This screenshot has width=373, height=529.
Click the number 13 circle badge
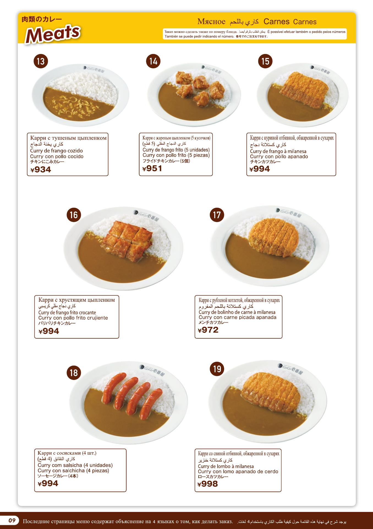(x=40, y=61)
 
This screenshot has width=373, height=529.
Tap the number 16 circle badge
(x=74, y=215)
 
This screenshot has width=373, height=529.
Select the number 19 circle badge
(x=217, y=369)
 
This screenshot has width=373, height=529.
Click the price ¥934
(x=41, y=170)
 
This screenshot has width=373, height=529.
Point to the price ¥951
(x=152, y=169)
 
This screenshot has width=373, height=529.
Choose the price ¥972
(x=208, y=330)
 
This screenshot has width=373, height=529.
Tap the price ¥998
(x=208, y=484)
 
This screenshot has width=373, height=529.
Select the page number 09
(x=12, y=520)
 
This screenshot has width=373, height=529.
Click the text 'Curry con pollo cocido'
(x=57, y=156)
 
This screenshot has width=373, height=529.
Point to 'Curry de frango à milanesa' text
(x=278, y=151)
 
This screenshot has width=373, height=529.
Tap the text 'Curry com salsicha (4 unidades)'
(x=75, y=465)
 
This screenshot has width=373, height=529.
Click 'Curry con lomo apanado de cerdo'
(x=238, y=471)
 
